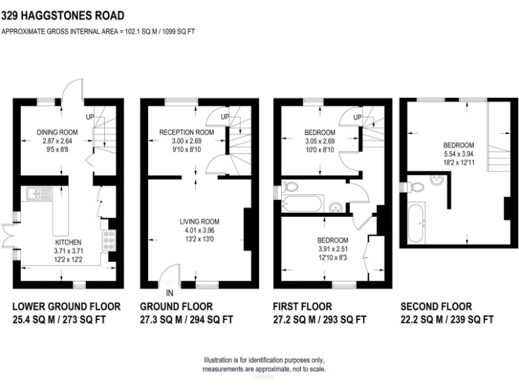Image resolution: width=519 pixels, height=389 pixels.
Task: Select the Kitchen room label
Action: pyautogui.click(x=68, y=242)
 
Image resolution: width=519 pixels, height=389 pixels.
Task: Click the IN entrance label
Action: pyautogui.click(x=169, y=292)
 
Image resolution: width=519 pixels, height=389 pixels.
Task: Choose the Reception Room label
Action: pyautogui.click(x=186, y=132)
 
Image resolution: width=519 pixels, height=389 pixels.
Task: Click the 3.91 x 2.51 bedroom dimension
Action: pyautogui.click(x=332, y=249)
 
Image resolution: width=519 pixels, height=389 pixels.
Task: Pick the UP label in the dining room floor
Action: pyautogui.click(x=89, y=118)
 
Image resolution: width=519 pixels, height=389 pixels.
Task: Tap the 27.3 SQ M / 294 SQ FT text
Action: pyautogui.click(x=187, y=319)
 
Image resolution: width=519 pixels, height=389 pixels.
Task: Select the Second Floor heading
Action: pyautogui.click(x=436, y=307)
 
